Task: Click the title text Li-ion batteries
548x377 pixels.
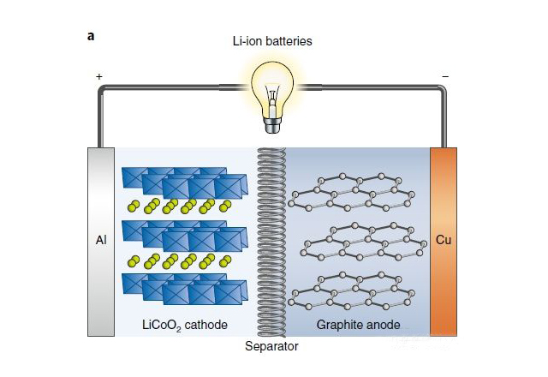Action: (x=273, y=41)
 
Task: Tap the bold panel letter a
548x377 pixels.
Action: (x=91, y=36)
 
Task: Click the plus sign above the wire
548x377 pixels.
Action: (x=99, y=76)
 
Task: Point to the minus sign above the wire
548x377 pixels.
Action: (x=444, y=76)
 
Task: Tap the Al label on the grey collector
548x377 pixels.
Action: (x=100, y=241)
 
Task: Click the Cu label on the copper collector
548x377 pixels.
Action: (x=444, y=240)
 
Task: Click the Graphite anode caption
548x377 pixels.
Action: (x=358, y=325)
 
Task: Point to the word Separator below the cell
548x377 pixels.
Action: (x=271, y=347)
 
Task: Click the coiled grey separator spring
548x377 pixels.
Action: (x=271, y=240)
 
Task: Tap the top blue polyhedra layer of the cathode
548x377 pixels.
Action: (x=185, y=182)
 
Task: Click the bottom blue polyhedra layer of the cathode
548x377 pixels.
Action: (x=185, y=288)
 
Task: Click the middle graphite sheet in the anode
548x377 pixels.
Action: (x=360, y=241)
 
